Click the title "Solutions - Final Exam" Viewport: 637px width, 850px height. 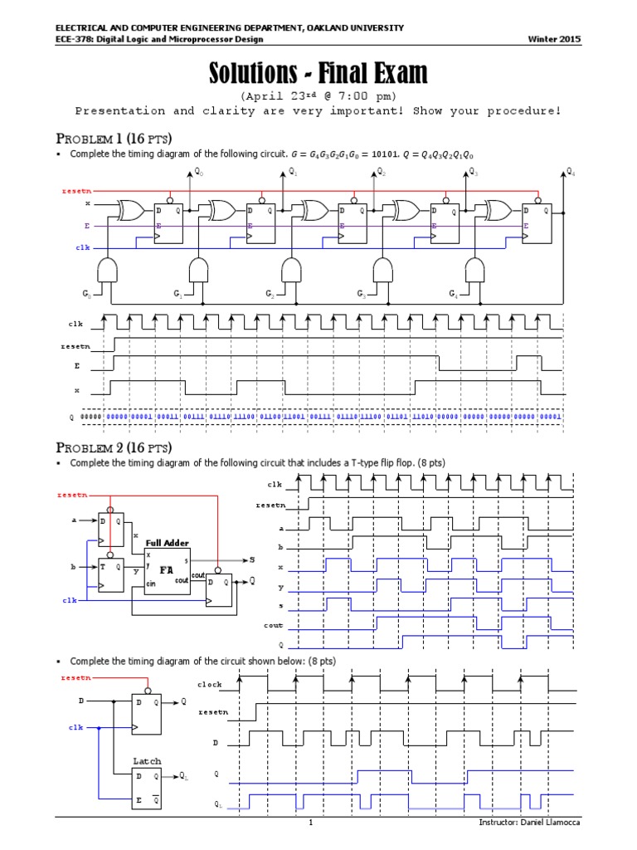318,75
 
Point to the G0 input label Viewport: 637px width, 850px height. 86,294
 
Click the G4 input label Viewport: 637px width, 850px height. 453,294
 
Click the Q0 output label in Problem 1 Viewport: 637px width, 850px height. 199,173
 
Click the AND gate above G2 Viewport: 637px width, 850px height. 291,270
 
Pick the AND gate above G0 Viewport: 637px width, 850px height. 109,270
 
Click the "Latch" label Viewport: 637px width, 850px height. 147,761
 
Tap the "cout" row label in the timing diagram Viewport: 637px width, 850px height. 274,625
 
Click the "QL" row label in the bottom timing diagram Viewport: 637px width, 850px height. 217,804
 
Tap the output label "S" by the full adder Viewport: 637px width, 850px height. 252,560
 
